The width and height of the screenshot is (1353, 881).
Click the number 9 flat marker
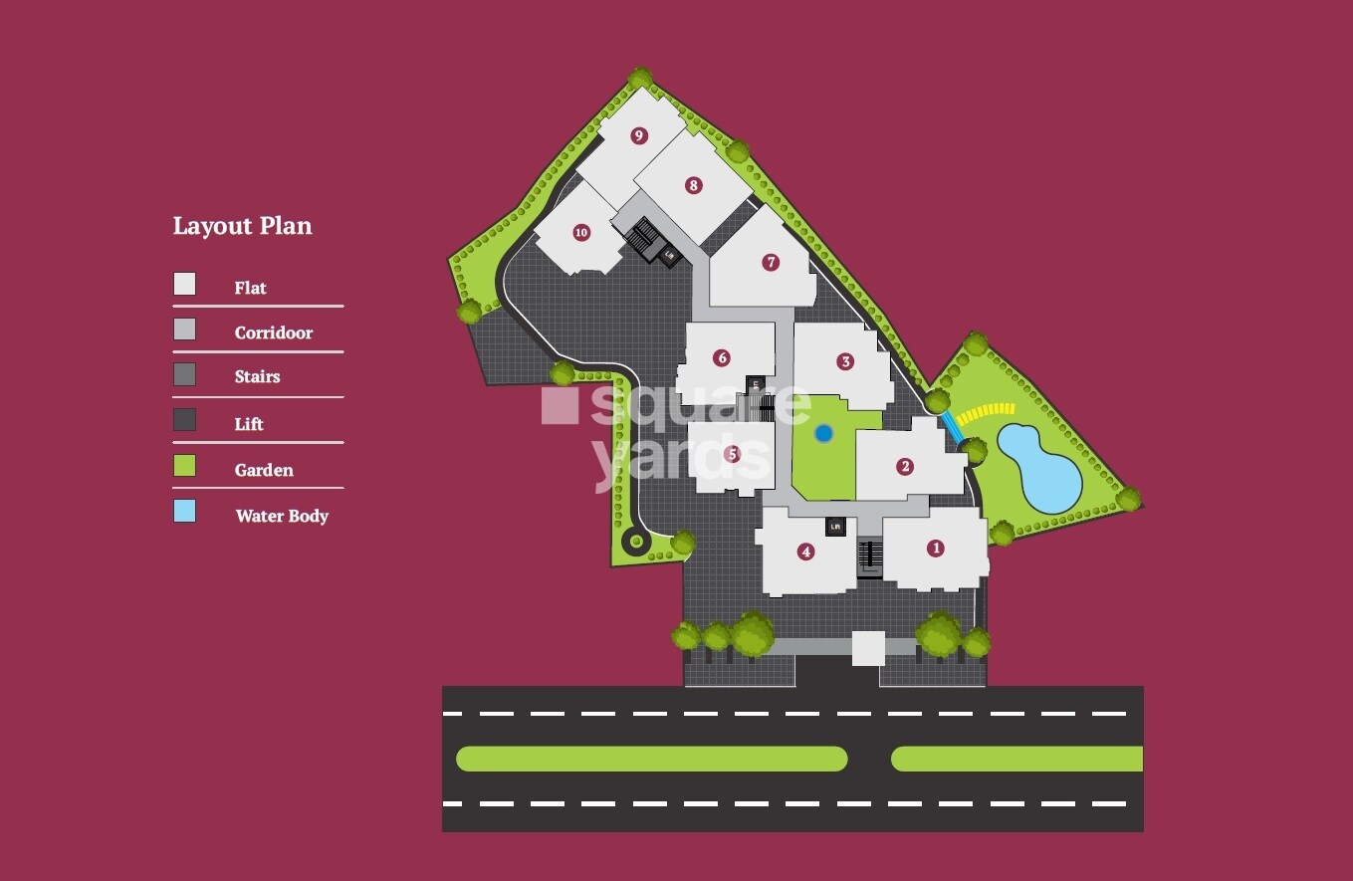[639, 135]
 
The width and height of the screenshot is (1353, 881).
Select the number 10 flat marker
[581, 233]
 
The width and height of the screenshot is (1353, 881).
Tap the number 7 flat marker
[770, 263]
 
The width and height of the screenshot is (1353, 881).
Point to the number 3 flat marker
[845, 361]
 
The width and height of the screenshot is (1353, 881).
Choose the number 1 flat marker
[935, 548]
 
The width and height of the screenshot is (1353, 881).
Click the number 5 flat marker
[733, 454]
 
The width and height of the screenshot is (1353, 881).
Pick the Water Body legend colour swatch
[184, 512]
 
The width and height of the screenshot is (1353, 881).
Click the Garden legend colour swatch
[184, 466]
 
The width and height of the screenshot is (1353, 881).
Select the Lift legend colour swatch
[184, 420]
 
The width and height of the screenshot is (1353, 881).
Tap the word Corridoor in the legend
[273, 333]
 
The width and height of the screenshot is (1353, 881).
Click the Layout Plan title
[242, 226]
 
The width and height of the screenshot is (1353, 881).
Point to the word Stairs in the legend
[257, 377]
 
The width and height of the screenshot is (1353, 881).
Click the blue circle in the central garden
[823, 433]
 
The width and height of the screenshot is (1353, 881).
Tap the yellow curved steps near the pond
[986, 412]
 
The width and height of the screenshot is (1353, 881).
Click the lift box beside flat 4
[835, 527]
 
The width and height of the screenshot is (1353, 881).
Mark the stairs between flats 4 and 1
[870, 557]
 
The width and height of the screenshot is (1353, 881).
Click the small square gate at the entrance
[868, 648]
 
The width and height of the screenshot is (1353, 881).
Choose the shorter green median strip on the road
[1016, 759]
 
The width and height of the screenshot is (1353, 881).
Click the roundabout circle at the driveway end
[634, 542]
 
